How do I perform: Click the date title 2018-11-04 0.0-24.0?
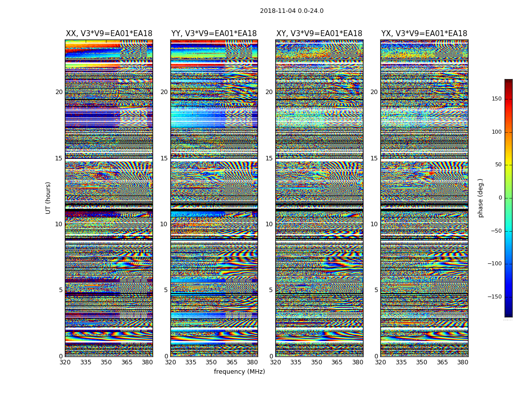pyautogui.click(x=291, y=11)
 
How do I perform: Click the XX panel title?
pyautogui.click(x=109, y=34)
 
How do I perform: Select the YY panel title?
pyautogui.click(x=214, y=34)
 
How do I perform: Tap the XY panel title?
pyautogui.click(x=319, y=34)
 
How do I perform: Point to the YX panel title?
pyautogui.click(x=424, y=34)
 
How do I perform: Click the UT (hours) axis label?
pyautogui.click(x=49, y=198)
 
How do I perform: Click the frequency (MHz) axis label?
pyautogui.click(x=239, y=372)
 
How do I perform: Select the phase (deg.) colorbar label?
pyautogui.click(x=480, y=198)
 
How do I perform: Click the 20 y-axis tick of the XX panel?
pyautogui.click(x=59, y=92)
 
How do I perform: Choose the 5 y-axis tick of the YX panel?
pyautogui.click(x=376, y=290)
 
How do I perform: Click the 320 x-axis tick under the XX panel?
pyautogui.click(x=65, y=362)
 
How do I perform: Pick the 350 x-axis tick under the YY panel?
pyautogui.click(x=211, y=362)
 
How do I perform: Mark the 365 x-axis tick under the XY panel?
pyautogui.click(x=337, y=362)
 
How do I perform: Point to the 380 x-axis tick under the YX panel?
pyautogui.click(x=463, y=362)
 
